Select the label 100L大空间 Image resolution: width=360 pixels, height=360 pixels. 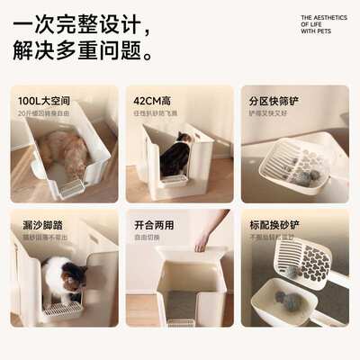[45, 102]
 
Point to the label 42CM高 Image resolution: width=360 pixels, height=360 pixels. [154, 102]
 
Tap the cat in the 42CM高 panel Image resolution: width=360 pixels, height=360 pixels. [175, 156]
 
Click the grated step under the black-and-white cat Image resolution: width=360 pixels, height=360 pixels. [62, 310]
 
